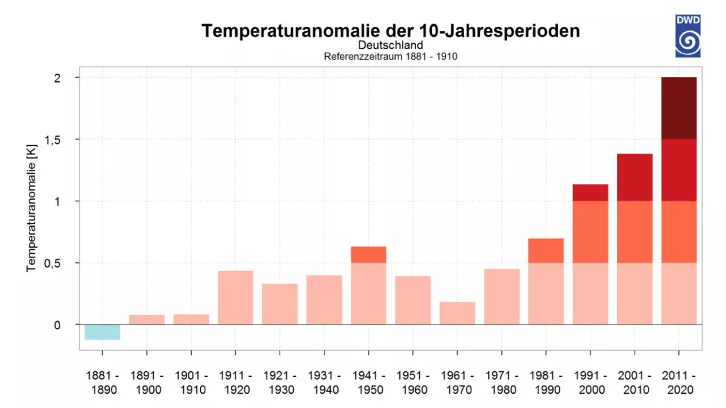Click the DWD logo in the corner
(x=687, y=36)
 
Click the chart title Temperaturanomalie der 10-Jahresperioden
(x=391, y=31)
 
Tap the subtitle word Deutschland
(x=391, y=45)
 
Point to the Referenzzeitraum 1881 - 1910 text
(x=391, y=56)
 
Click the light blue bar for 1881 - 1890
(x=103, y=332)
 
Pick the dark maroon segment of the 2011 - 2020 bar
(x=679, y=108)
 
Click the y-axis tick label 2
(x=57, y=78)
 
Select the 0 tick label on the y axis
(x=57, y=325)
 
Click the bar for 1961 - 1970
(x=457, y=313)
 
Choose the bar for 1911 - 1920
(x=235, y=297)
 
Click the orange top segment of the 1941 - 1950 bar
(x=369, y=255)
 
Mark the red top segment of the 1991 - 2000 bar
(x=590, y=193)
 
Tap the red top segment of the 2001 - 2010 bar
(x=635, y=177)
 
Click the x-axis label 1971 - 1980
(x=501, y=382)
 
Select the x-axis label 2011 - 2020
(x=679, y=382)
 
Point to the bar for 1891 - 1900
(x=147, y=320)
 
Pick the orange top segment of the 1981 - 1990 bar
(x=546, y=251)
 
